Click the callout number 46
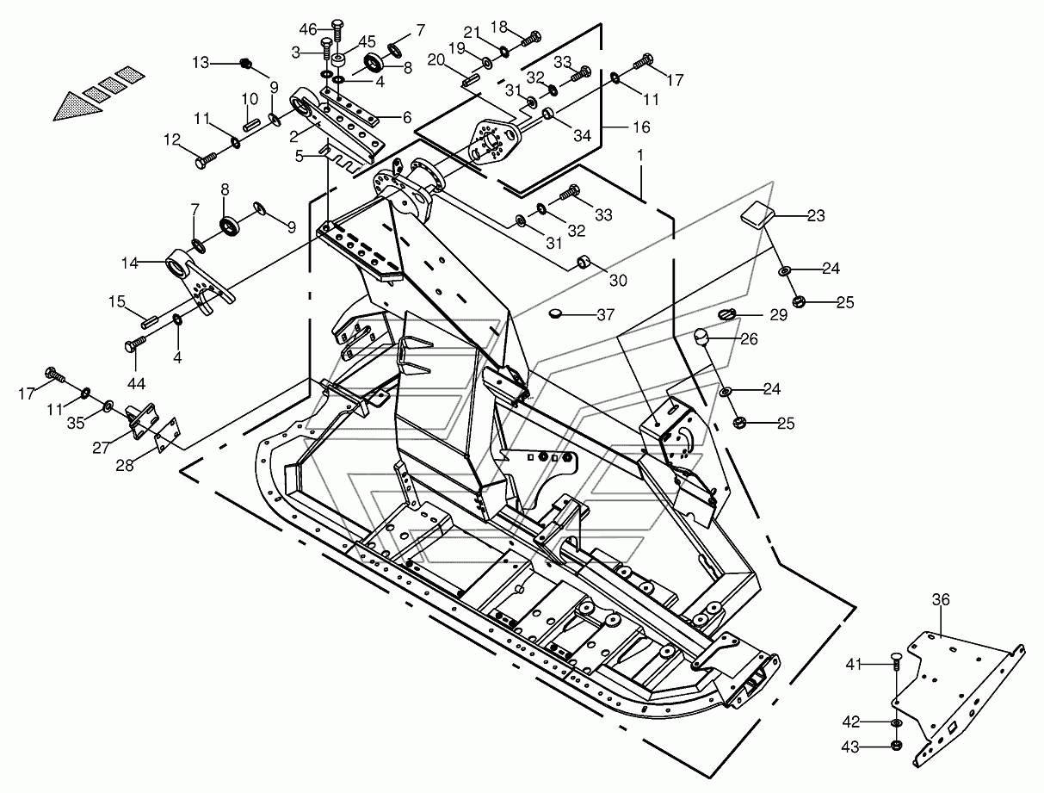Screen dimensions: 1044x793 [x=308, y=29]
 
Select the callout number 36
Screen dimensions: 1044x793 [x=941, y=600]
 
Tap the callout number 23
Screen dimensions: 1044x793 [x=816, y=215]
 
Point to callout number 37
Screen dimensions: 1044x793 [x=605, y=314]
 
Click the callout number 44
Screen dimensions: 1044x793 [x=136, y=383]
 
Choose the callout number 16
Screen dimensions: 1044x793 [x=641, y=127]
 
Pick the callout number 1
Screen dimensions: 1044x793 [x=640, y=155]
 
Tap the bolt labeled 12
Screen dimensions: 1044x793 [x=206, y=159]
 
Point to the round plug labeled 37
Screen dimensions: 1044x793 [x=554, y=313]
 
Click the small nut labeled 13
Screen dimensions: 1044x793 [x=246, y=63]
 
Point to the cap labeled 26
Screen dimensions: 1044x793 [x=701, y=337]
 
